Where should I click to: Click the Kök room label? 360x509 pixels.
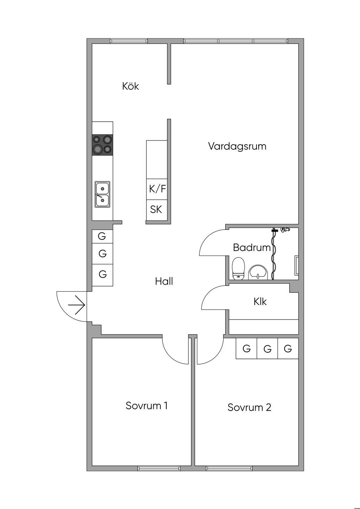130,86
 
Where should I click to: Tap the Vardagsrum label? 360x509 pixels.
237,146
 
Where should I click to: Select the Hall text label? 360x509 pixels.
164,281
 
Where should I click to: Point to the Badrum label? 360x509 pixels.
252,247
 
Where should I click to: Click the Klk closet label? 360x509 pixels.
260,302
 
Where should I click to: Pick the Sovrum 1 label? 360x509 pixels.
147,406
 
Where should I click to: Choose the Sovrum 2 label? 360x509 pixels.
249,407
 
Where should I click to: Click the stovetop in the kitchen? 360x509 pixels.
102,145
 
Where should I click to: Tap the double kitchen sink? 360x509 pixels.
102,194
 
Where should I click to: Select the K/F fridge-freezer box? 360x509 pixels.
157,189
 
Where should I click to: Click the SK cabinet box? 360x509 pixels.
157,210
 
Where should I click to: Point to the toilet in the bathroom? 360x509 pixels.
238,268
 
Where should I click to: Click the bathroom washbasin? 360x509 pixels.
258,272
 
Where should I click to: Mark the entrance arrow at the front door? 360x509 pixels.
77,305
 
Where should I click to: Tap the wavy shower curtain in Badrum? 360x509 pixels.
274,254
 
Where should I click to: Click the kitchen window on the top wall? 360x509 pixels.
129,41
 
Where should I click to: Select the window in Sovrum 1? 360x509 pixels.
159,468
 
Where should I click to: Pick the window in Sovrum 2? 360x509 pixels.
229,468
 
